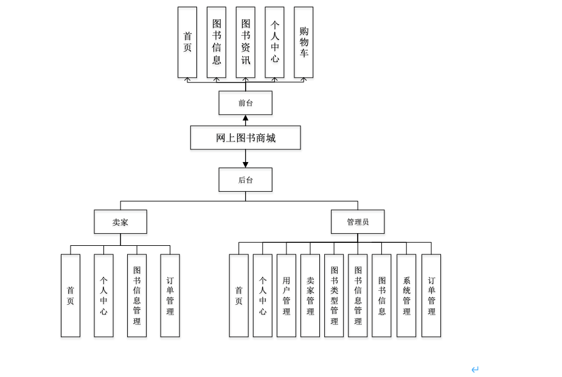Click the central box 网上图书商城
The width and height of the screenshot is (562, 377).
pos(245,138)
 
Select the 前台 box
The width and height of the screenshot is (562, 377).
pos(245,103)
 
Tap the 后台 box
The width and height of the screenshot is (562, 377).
pos(245,180)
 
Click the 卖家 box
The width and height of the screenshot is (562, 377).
pos(120,222)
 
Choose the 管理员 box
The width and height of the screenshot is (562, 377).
pos(358,222)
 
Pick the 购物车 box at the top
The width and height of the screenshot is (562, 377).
pos(304,42)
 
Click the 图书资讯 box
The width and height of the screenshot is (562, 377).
pos(245,42)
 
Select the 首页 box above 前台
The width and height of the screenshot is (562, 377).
pos(187,42)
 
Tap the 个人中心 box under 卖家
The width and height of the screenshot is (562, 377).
pos(103,296)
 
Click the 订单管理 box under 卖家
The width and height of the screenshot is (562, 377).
pos(170,296)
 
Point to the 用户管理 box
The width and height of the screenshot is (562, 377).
pos(286,296)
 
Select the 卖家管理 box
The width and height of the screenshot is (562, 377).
pos(310,296)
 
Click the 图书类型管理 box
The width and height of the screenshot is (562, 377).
pos(334,296)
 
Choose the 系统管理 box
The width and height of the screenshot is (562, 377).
pos(406,296)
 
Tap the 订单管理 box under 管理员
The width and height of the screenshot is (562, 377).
pos(431,296)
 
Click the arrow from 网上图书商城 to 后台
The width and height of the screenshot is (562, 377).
pos(246,158)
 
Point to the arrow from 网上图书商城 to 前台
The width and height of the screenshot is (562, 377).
pos(246,120)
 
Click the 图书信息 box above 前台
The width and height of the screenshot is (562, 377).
pos(217,42)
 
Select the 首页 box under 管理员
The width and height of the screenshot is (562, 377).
pos(238,296)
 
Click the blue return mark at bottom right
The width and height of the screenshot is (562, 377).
pos(475,369)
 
